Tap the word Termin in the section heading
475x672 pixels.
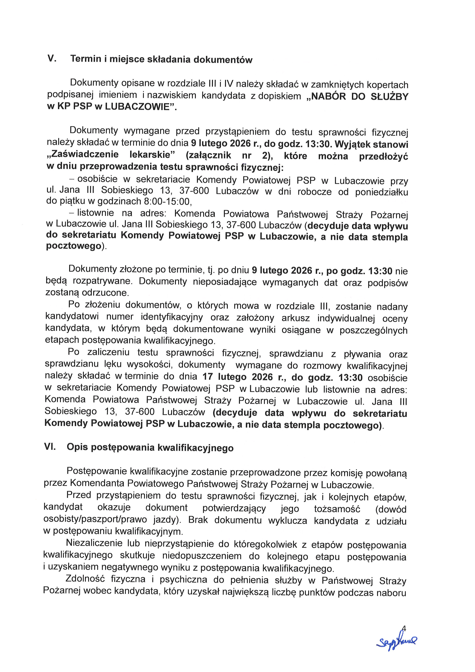pos(85,59)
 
